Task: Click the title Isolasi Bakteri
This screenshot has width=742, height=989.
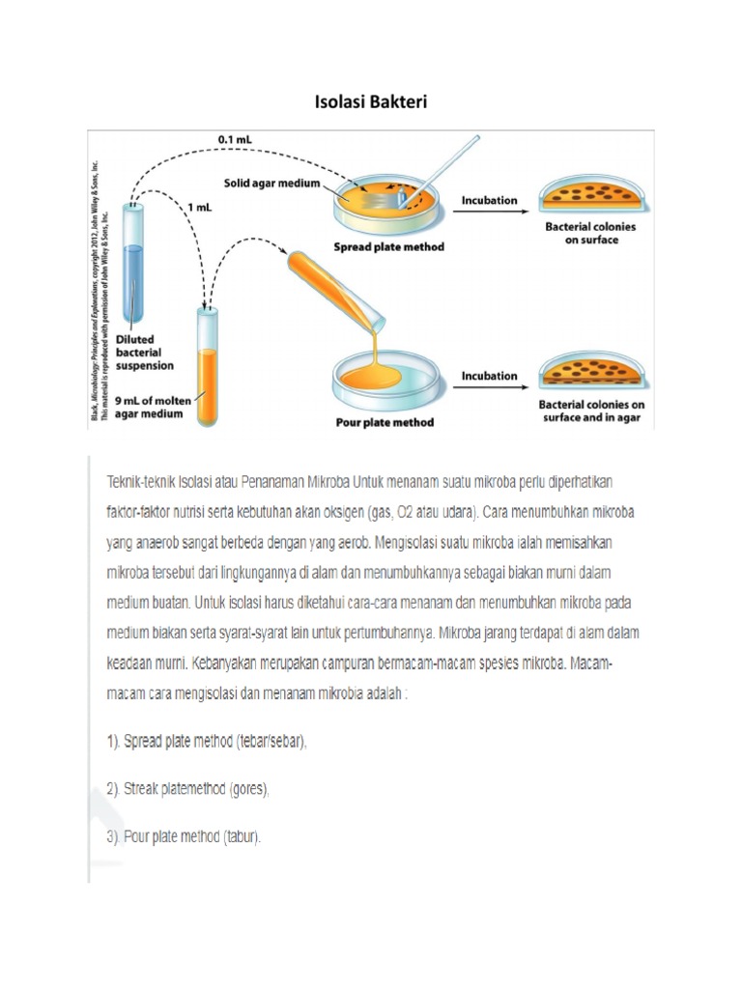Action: (370, 101)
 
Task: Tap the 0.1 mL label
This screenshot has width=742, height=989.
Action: (236, 139)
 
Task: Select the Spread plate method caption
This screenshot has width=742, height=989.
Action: (388, 246)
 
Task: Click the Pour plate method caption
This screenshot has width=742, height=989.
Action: (384, 422)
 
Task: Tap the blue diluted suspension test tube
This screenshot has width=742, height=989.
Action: (135, 266)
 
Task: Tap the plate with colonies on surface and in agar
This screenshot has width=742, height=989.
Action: (591, 371)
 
